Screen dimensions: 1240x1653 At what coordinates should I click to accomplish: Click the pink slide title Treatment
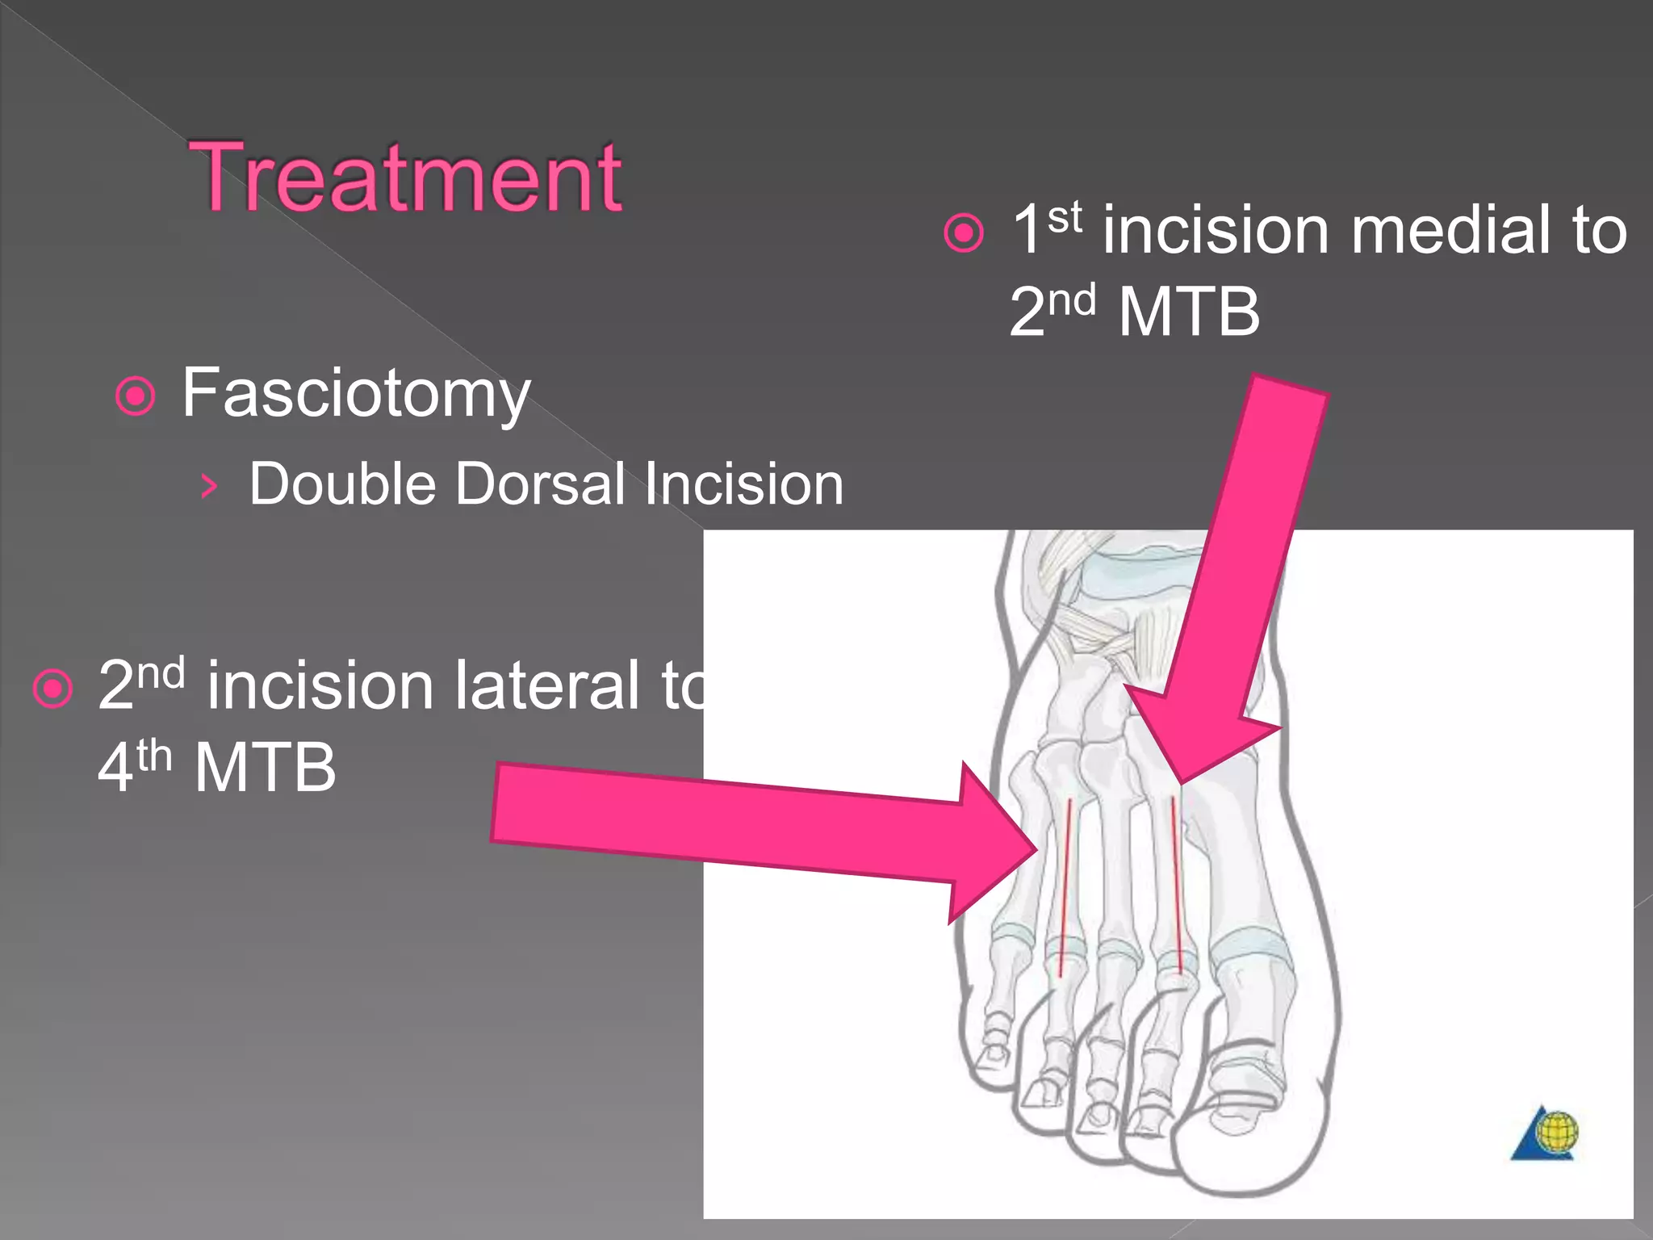pyautogui.click(x=405, y=177)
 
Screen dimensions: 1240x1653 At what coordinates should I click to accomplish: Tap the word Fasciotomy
pyautogui.click(x=356, y=393)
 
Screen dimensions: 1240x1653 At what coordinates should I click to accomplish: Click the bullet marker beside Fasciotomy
pyautogui.click(x=135, y=396)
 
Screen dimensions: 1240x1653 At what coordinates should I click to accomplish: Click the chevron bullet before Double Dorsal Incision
pyautogui.click(x=209, y=486)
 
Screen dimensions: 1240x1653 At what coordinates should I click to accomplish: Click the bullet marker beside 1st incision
pyautogui.click(x=964, y=233)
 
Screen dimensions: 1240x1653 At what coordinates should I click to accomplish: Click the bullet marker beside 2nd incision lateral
pyautogui.click(x=53, y=689)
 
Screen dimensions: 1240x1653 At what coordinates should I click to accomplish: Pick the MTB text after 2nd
pyautogui.click(x=1189, y=312)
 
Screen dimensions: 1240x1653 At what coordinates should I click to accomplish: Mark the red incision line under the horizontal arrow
pyautogui.click(x=1065, y=888)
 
